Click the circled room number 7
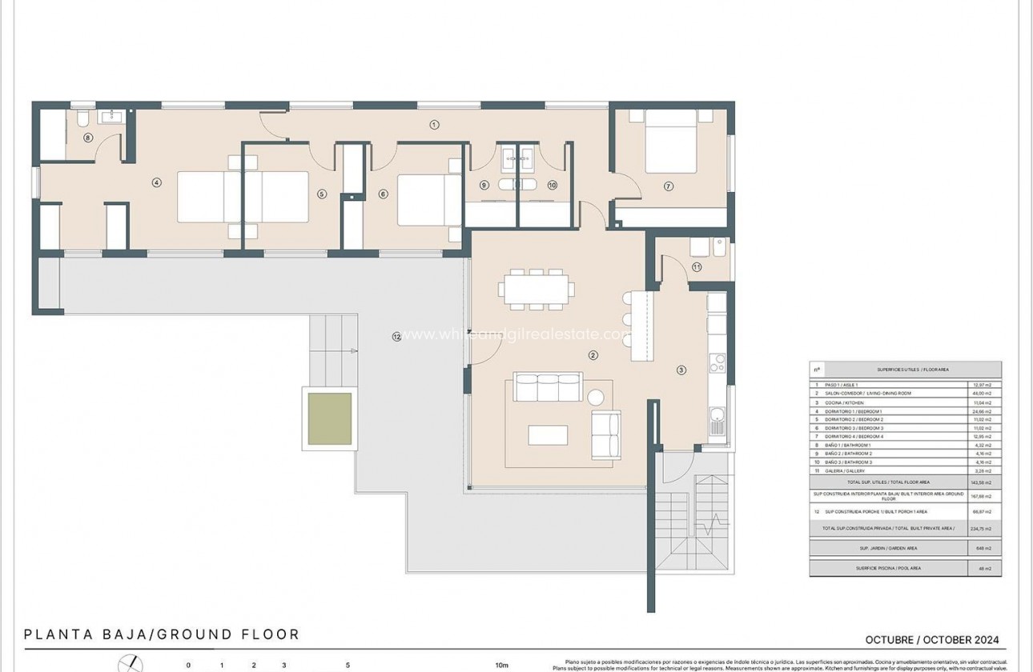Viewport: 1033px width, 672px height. coord(668,186)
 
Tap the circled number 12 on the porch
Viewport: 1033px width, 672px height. coord(396,336)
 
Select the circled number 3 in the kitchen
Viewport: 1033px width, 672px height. coord(681,370)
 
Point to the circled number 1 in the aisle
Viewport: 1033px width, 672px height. coord(434,124)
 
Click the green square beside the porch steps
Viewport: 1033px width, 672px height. coord(330,418)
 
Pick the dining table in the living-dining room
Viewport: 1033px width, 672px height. coord(537,289)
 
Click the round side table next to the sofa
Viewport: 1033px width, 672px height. coord(597,397)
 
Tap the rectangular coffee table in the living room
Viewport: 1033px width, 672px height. coord(548,434)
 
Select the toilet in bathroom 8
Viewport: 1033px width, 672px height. coord(82,120)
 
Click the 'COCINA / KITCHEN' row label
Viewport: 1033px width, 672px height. coord(848,402)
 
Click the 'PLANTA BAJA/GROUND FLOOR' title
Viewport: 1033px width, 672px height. coord(162,634)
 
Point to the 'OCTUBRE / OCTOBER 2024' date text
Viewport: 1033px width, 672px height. coord(932,640)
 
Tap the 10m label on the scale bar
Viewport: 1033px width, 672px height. coord(501,665)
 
